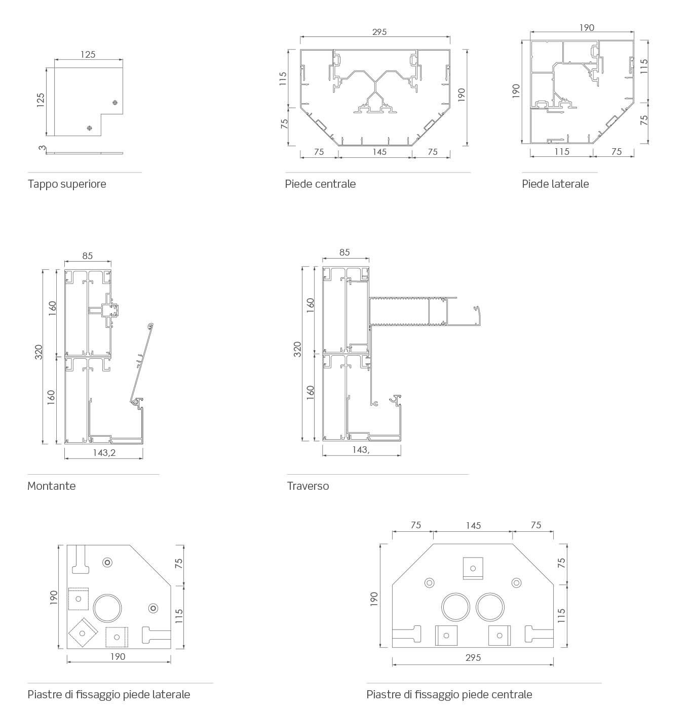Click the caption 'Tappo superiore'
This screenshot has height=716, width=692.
coord(67,184)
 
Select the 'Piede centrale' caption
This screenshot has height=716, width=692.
coord(320,184)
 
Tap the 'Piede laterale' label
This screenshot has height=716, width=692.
coord(555,184)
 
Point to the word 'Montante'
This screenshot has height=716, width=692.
coord(51,486)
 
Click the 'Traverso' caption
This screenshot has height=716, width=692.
coord(307,486)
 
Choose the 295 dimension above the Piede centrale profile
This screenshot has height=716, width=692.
coord(379,32)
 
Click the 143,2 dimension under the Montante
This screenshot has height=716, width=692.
coord(104,452)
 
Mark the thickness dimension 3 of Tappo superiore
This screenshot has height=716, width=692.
coord(43,148)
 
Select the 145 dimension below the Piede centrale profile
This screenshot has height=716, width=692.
coord(379,152)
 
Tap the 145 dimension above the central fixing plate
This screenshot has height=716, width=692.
coord(473,526)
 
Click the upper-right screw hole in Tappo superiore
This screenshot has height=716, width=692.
coord(116,103)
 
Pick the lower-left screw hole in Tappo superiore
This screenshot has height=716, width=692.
coord(89,128)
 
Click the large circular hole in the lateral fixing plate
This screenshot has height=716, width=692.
coord(107,608)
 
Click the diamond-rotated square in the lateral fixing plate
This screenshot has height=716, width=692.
coord(83,632)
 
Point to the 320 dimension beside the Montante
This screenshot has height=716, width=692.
coord(39,352)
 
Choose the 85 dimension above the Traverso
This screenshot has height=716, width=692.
coord(344,252)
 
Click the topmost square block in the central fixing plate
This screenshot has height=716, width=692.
coord(473,568)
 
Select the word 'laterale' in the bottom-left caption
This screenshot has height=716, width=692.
coord(171,694)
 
